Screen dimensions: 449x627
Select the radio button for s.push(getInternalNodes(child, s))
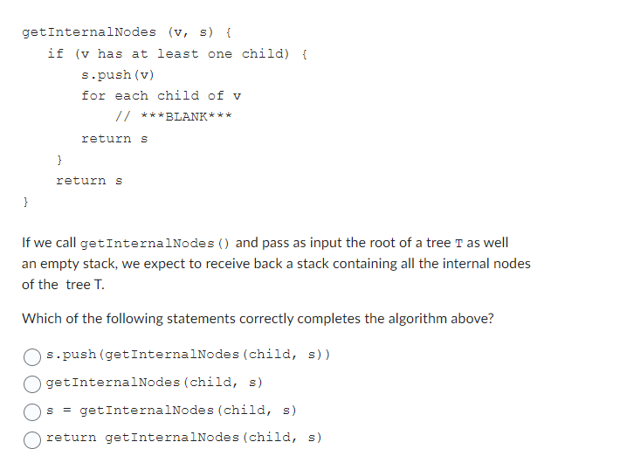tap(32, 356)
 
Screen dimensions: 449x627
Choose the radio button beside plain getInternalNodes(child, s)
tap(32, 383)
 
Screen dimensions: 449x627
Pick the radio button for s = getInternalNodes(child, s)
tap(32, 410)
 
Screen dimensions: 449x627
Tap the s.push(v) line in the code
tap(117, 74)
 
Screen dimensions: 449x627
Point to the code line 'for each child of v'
tap(162, 95)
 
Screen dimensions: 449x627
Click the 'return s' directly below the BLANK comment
tap(114, 138)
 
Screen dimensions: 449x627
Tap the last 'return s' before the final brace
tap(89, 180)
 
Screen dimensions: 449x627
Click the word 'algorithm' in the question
tap(421, 318)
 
